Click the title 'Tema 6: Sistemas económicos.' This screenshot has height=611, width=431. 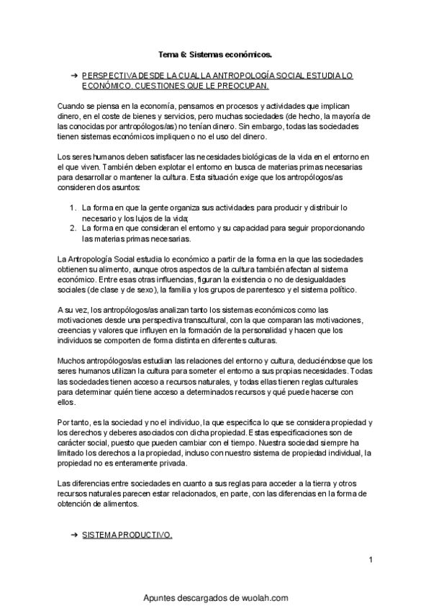215,54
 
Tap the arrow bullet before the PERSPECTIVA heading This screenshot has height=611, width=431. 74,75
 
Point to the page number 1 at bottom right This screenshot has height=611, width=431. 370,559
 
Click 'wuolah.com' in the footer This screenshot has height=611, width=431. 261,597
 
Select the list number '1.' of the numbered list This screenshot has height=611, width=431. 73,208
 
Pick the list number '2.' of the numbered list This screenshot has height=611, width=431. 73,228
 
